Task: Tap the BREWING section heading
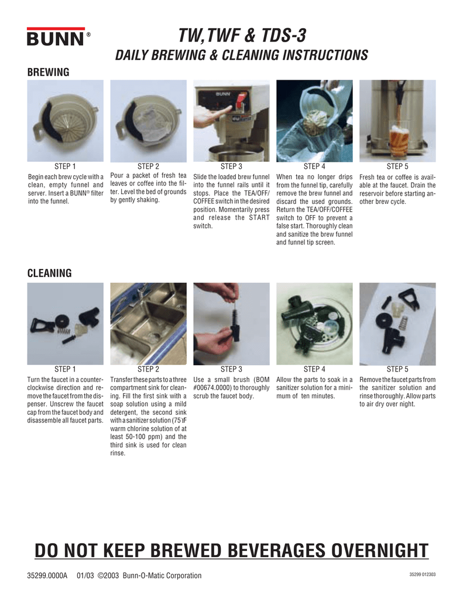coord(49,72)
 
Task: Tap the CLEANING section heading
coord(50,273)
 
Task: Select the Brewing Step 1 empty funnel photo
coord(66,120)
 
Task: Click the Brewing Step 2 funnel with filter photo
coord(148,120)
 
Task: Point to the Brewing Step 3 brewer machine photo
coord(231,120)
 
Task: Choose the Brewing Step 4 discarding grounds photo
coord(314,120)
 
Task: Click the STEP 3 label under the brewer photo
coord(231,167)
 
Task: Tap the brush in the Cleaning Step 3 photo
coord(232,319)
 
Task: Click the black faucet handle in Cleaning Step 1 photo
coord(41,322)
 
